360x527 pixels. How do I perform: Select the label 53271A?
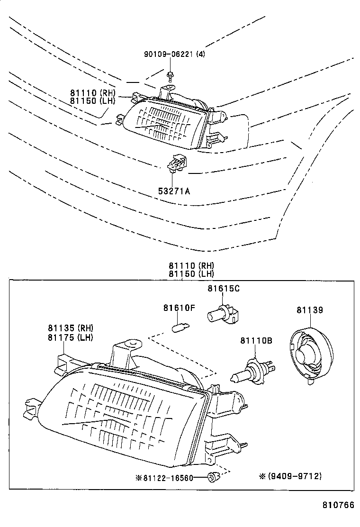point(174,191)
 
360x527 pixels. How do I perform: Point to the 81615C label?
point(223,289)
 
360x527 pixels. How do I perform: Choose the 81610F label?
point(179,308)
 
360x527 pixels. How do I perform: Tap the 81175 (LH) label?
point(70,337)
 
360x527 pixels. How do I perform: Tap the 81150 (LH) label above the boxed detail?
point(190,273)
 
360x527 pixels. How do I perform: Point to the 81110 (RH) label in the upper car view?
point(92,93)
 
